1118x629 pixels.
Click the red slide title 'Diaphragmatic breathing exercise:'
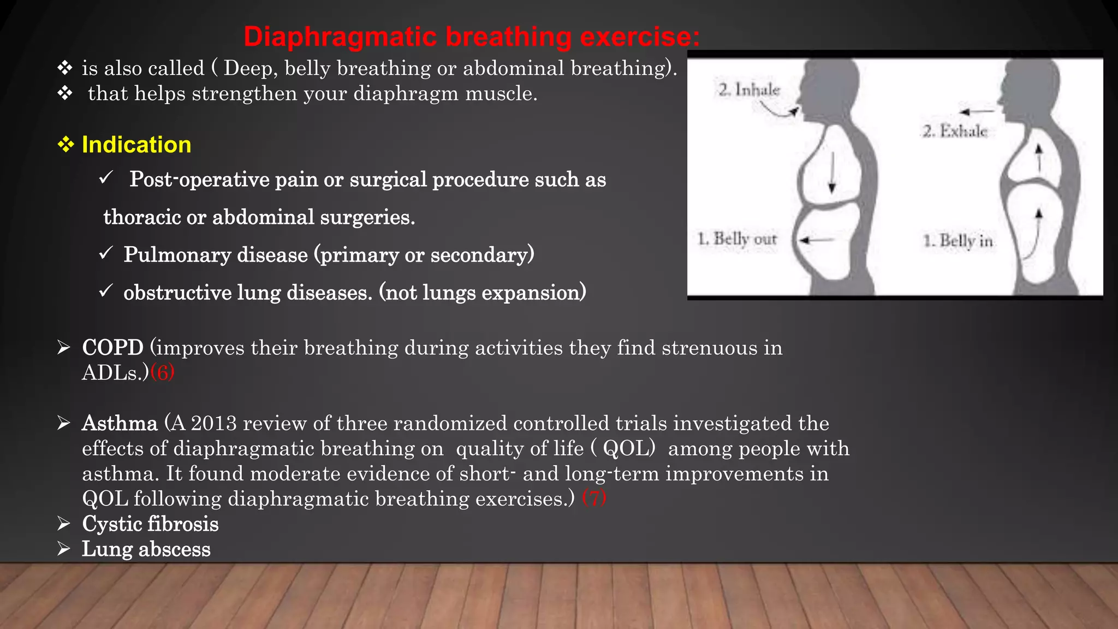(x=472, y=37)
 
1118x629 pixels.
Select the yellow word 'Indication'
(x=136, y=145)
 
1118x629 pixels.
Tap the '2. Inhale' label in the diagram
(x=749, y=90)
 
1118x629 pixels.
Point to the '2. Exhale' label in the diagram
(x=955, y=131)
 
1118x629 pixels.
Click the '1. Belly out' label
(x=737, y=239)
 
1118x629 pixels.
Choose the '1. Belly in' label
(x=958, y=241)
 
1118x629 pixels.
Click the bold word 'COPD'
(x=112, y=348)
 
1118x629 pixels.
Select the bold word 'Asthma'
(x=120, y=423)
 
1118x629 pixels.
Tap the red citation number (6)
(x=162, y=373)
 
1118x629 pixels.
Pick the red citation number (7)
(x=594, y=499)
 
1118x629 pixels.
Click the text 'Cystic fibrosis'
(x=150, y=524)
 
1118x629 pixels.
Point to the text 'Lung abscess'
(x=146, y=549)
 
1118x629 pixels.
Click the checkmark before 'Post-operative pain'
(x=106, y=177)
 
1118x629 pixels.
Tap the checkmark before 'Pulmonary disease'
(x=106, y=253)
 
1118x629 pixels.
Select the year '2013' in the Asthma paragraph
(x=213, y=423)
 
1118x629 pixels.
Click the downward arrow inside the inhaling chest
(x=832, y=172)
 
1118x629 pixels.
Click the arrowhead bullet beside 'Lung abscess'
(x=64, y=548)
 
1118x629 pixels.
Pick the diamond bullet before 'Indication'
(x=66, y=145)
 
